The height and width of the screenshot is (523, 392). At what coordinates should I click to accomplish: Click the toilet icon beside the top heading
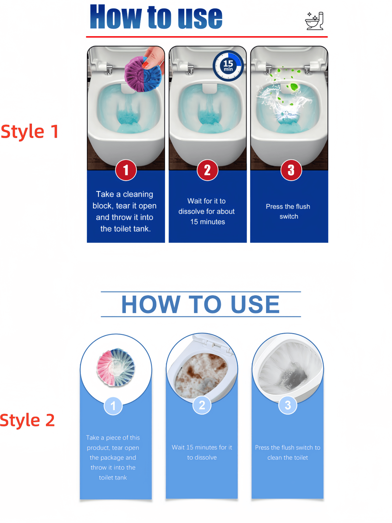[x=314, y=21]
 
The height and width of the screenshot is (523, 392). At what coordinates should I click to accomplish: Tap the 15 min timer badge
[x=228, y=66]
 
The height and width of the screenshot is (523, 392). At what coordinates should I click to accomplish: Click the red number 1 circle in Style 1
[x=126, y=170]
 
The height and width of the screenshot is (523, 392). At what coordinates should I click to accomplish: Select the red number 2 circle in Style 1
[x=207, y=170]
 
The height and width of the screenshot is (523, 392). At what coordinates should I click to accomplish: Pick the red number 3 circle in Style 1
[x=291, y=170]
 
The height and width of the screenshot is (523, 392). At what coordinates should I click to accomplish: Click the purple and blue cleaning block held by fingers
[x=142, y=74]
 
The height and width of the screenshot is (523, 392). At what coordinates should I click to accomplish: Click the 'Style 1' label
[x=30, y=132]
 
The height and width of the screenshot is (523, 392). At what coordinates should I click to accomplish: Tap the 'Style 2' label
[x=27, y=420]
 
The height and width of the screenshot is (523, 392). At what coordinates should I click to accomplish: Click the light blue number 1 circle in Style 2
[x=113, y=406]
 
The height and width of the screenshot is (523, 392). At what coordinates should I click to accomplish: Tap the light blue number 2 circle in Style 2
[x=202, y=405]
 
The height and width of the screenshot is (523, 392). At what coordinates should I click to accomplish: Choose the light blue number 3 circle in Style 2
[x=288, y=405]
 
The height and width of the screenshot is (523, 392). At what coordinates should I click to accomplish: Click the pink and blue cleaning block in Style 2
[x=116, y=367]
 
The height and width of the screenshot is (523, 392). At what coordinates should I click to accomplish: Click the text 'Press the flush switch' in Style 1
[x=288, y=211]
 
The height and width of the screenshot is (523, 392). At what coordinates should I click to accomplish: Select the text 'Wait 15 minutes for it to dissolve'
[x=202, y=452]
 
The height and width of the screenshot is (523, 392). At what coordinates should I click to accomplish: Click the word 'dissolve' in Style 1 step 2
[x=190, y=212]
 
